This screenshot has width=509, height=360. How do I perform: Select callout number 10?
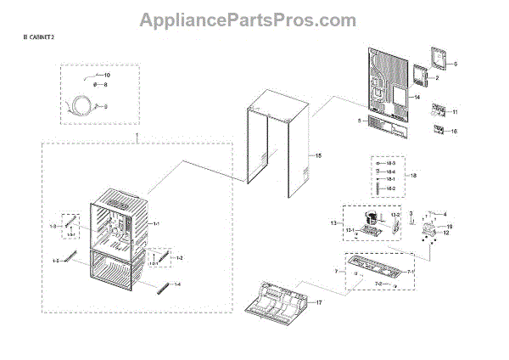107,76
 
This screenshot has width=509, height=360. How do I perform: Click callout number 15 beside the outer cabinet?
319,156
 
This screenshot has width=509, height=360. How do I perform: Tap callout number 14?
416,98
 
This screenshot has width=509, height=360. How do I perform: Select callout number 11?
454,112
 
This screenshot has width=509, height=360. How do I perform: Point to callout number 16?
454,132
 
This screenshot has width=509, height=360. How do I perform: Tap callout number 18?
414,176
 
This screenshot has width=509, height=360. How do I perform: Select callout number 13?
333,222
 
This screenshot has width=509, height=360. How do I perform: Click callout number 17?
321,303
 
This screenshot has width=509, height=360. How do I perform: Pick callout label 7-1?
411,271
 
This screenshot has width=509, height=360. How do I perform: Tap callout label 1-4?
177,284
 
